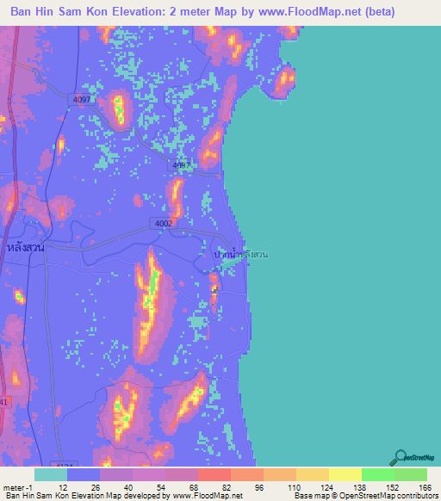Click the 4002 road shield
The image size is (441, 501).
(164, 223)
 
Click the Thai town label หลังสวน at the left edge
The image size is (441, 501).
(25, 248)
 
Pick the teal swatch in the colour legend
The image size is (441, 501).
(51, 474)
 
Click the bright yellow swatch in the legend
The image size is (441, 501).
(345, 474)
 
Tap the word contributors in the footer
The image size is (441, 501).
(411, 496)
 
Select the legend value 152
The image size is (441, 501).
(390, 486)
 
